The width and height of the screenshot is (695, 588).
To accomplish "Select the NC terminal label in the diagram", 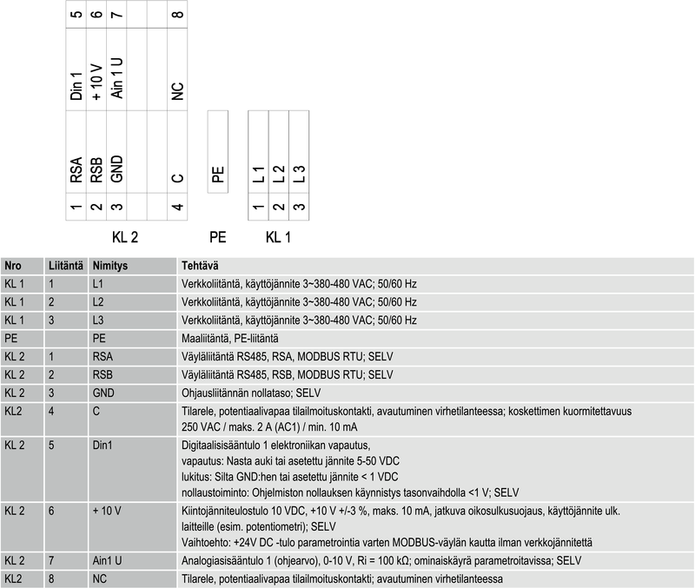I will pos(177,91).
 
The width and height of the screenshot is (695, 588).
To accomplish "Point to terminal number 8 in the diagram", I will pos(177,15).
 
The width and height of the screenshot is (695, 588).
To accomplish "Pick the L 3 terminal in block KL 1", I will pos(299,174).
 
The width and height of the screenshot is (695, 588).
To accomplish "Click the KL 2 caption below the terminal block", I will pos(126,236).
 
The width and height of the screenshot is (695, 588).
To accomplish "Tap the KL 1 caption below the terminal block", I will pos(278,236).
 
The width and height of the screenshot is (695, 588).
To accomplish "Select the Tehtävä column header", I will pos(200,265).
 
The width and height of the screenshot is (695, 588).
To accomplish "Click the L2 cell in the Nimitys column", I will pos(98,301).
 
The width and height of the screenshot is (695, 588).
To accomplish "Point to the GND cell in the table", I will pos(103,393).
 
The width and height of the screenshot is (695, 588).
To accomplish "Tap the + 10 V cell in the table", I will pos(107,512).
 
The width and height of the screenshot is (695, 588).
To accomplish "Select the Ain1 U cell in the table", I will pos(107,560).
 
